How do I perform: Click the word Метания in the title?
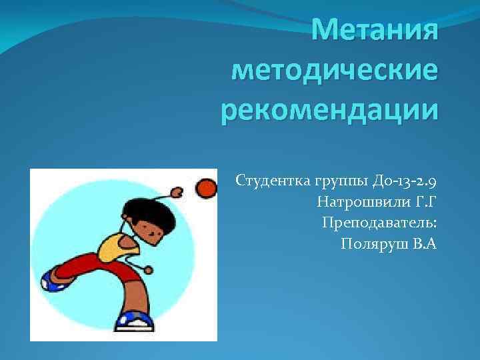click(375, 30)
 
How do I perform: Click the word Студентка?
click(265, 181)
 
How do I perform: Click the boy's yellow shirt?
click(117, 247)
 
